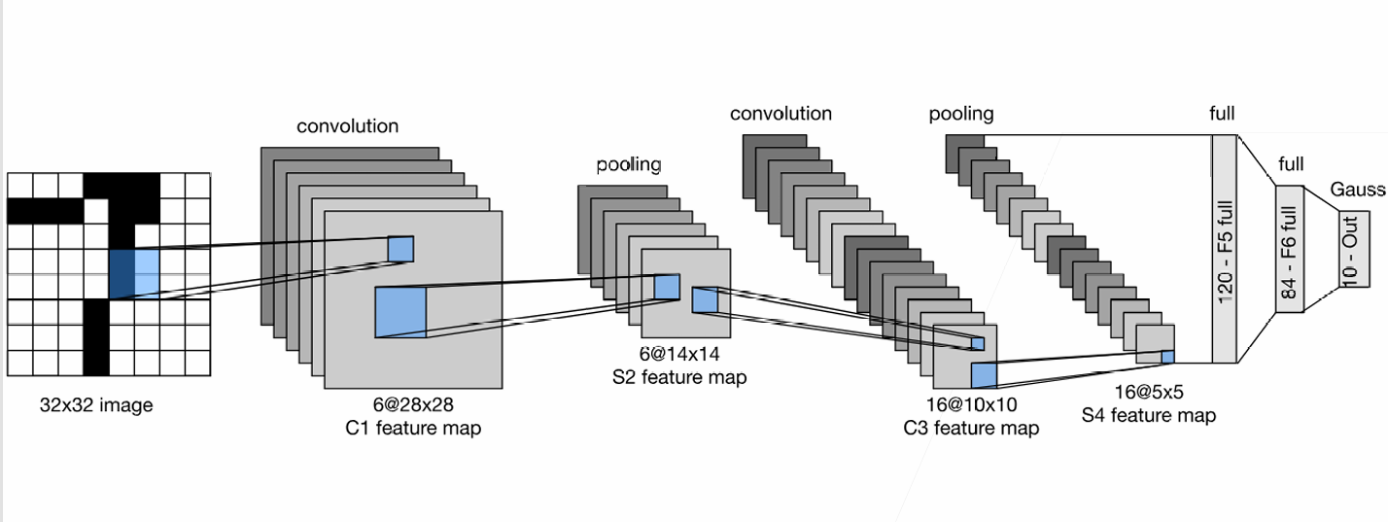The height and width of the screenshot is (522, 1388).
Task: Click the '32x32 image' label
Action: (96, 405)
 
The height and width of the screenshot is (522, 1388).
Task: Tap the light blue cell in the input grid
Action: (145, 271)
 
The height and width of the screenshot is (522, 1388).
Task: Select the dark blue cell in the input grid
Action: (121, 271)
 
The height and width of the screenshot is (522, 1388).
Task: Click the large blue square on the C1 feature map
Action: (400, 313)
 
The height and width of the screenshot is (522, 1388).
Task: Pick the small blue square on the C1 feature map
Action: (400, 249)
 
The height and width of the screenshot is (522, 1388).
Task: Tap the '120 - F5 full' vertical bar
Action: (1224, 249)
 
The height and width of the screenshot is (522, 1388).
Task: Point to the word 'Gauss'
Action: (1357, 190)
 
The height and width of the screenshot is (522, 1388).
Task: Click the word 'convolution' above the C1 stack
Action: (347, 126)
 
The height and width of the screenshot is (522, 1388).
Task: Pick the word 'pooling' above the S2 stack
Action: (628, 164)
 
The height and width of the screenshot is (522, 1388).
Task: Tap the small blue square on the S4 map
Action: (1167, 357)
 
